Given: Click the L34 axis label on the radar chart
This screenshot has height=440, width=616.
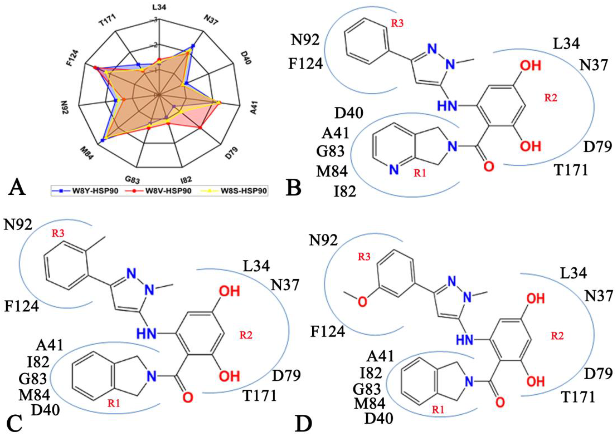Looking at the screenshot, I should coord(159,7).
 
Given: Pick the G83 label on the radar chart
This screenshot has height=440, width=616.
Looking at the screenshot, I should coord(132,179).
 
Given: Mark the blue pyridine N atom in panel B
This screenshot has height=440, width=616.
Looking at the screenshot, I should coord(394,170).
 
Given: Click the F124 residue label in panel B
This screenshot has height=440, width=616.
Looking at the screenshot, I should coord(305,64).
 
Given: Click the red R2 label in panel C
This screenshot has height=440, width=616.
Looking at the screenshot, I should coord(246,335).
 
